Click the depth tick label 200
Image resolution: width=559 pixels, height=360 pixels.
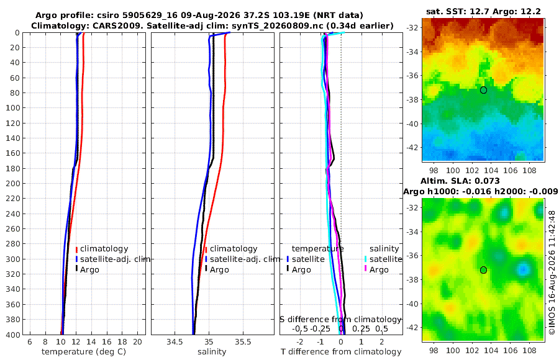pos(13,184)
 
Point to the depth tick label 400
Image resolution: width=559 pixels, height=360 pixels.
pos(13,335)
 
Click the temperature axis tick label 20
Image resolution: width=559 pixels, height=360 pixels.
pos(137,342)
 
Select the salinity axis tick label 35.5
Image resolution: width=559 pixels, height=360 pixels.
pos(243,342)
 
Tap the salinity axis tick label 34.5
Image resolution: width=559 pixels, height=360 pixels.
pos(175,342)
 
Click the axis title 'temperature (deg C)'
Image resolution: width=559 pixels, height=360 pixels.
pos(84,352)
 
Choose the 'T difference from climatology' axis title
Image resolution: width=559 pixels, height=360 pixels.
pos(341,352)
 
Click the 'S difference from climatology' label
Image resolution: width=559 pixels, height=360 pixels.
pos(340,320)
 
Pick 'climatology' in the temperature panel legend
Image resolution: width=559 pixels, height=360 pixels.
pos(104,249)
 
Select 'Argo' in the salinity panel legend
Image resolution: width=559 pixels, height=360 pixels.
pos(219,270)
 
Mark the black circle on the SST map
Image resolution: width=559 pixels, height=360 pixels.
pos(483,90)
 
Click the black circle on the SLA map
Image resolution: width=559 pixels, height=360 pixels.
pos(483,270)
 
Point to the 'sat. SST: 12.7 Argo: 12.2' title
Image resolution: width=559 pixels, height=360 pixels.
pos(483,11)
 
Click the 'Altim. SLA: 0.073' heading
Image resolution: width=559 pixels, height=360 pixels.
pos(460,181)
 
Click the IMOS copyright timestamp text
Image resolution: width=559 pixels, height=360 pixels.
pos(552,272)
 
